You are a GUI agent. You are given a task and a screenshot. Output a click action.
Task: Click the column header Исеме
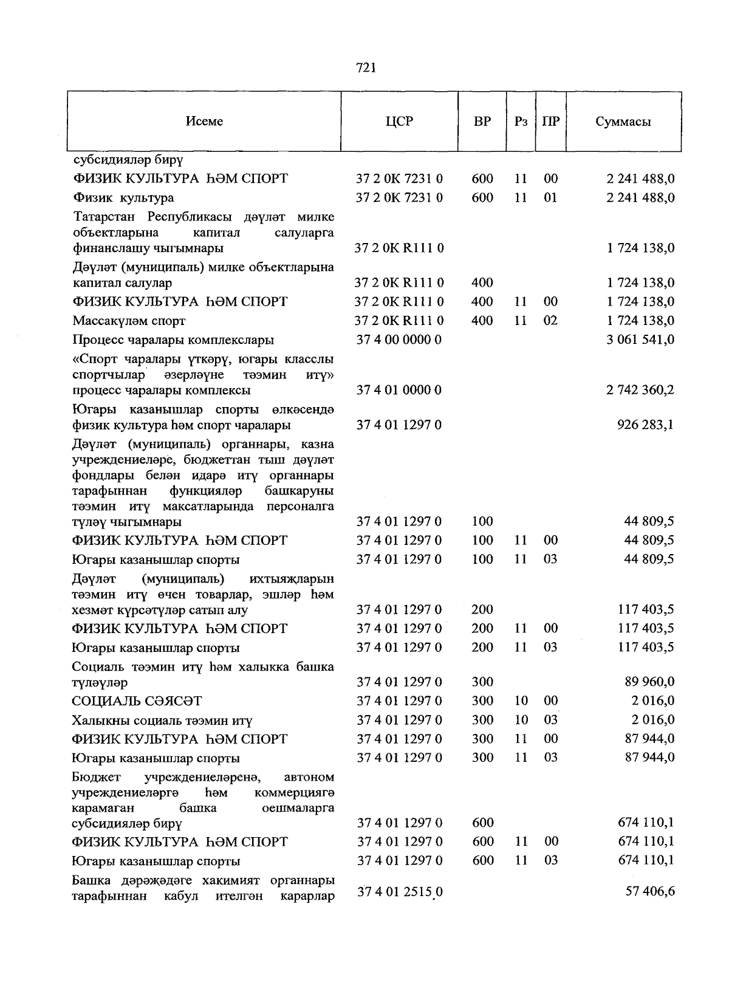[204, 122]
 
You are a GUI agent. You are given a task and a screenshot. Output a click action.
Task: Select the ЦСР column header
[399, 122]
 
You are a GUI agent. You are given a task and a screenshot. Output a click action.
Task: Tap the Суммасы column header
[623, 122]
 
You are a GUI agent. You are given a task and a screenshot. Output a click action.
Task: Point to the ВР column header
[482, 122]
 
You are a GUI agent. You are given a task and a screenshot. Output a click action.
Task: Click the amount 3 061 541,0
[640, 340]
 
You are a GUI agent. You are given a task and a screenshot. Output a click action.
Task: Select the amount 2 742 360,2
[640, 390]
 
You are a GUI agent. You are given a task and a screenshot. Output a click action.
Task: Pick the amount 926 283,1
[645, 425]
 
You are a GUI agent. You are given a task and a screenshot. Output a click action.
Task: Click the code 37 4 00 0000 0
[399, 340]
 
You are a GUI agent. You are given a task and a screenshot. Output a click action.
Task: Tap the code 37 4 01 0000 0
[399, 390]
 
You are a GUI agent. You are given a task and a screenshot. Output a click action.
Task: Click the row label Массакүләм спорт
[129, 321]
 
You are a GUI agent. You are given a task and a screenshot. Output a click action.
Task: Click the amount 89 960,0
[649, 682]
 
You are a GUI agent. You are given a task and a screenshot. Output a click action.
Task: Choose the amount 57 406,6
[649, 892]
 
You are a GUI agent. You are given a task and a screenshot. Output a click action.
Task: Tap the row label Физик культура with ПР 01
[123, 198]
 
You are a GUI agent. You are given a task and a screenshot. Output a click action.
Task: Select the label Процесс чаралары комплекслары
[173, 340]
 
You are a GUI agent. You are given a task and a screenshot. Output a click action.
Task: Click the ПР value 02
[550, 321]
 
